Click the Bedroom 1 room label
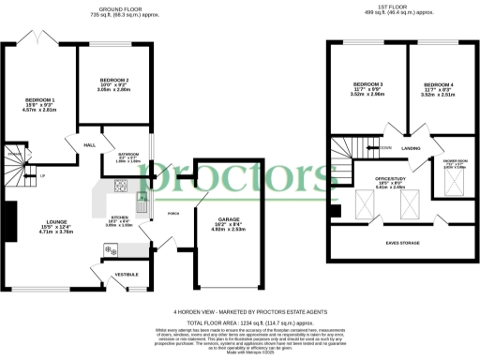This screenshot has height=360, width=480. pyautogui.click(x=39, y=99)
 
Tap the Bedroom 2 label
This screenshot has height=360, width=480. pyautogui.click(x=114, y=81)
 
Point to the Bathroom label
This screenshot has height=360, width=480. pyautogui.click(x=128, y=155)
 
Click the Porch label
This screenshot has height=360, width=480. pyautogui.click(x=173, y=213)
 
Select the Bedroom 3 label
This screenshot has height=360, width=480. pyautogui.click(x=367, y=85)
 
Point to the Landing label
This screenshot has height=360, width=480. pyautogui.click(x=411, y=148)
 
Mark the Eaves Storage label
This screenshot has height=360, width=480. pyautogui.click(x=403, y=242)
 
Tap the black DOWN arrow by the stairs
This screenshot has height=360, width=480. pyautogui.click(x=373, y=148)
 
